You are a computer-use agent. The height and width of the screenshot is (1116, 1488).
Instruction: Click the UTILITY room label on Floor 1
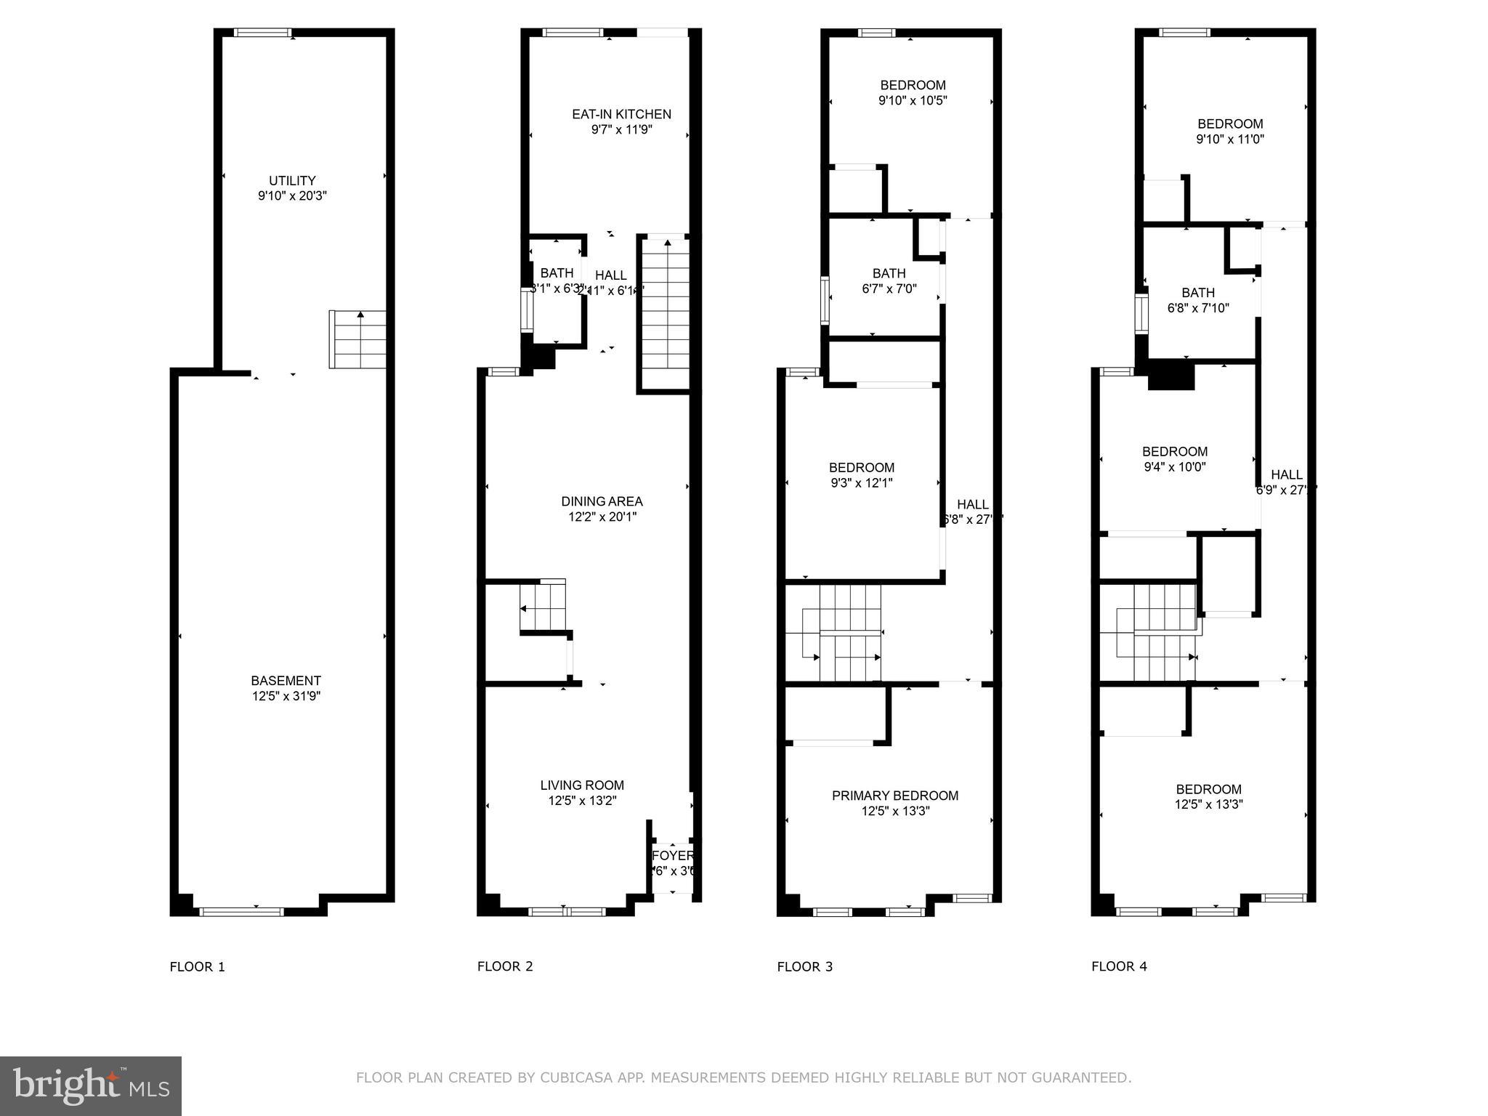[x=292, y=181]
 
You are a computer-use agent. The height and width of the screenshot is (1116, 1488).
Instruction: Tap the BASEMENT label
[x=286, y=681]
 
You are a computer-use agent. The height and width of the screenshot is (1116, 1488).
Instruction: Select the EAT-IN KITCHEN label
[x=621, y=114]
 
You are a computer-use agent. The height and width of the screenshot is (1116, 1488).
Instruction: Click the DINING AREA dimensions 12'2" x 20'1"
[x=602, y=517]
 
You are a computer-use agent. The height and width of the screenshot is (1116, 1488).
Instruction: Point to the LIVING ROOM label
[x=582, y=785]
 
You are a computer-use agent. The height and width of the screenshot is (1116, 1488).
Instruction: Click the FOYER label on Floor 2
[x=673, y=856]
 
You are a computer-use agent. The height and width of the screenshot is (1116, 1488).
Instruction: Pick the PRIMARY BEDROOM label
[x=895, y=796]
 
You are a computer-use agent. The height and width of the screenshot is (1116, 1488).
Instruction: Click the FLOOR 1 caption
[x=198, y=966]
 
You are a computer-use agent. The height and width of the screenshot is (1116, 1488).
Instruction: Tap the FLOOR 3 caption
[x=805, y=966]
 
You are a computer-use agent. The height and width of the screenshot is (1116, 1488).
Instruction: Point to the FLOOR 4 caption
[x=1119, y=966]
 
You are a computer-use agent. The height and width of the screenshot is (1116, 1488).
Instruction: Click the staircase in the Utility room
[x=358, y=339]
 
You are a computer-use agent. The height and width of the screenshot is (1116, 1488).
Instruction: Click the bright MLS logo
[x=91, y=1085]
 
